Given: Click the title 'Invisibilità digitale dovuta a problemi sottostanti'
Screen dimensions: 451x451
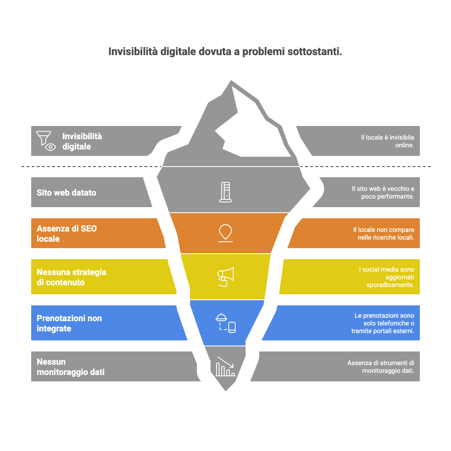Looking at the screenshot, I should [225, 52].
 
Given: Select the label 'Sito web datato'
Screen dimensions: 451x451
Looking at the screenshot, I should [66, 193].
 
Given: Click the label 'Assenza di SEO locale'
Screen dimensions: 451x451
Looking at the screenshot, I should [67, 234].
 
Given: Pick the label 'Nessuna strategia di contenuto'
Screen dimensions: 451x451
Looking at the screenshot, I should [71, 277].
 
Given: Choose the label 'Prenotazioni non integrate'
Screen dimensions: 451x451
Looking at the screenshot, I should [69, 323].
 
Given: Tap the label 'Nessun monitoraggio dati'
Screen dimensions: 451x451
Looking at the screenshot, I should [70, 367].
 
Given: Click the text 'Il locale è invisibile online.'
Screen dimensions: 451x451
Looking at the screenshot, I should [387, 141].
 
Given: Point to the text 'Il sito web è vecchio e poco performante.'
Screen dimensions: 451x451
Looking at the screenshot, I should [383, 193].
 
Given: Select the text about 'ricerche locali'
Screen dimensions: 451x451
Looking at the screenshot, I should [384, 234].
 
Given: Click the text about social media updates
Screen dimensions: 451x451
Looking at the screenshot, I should [387, 277].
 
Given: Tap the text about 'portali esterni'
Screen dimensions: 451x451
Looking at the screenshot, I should [383, 323].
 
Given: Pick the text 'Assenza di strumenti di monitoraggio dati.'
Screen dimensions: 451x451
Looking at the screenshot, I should [381, 367].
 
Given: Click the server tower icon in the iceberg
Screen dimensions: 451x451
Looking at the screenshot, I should [225, 192].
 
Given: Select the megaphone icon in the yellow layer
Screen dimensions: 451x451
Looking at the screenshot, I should [225, 277].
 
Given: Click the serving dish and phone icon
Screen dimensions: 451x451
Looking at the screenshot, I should [226, 323].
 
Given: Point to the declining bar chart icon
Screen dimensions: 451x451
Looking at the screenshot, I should [225, 366].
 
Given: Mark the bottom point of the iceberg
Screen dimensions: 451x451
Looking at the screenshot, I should [225, 391].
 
